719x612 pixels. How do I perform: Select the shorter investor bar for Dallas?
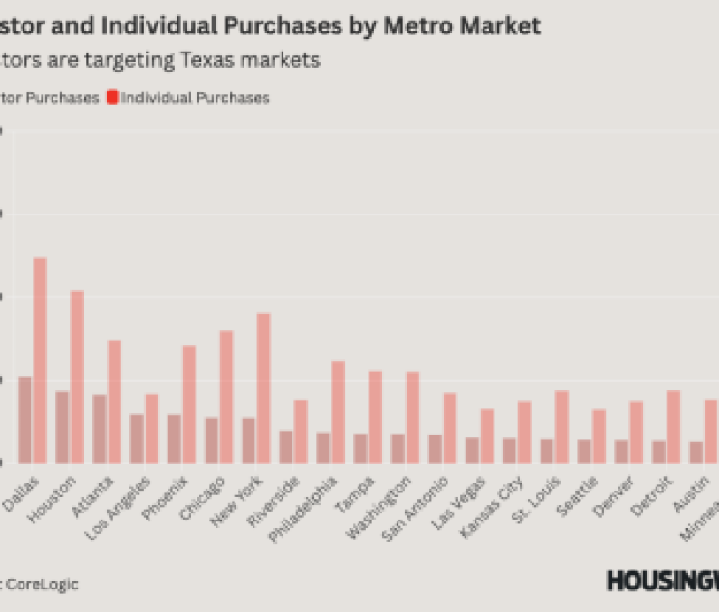(x=24, y=419)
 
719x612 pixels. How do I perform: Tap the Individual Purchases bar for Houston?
(x=77, y=376)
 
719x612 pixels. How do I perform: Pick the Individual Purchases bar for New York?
(x=264, y=387)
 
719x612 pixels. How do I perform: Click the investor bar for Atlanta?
(x=100, y=428)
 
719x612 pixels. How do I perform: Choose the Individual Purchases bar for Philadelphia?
(x=338, y=412)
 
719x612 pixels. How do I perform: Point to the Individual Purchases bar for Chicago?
(x=226, y=397)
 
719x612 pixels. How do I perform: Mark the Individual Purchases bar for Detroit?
(x=673, y=426)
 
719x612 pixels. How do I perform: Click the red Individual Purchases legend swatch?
(x=112, y=97)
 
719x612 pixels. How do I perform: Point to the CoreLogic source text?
(x=43, y=584)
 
